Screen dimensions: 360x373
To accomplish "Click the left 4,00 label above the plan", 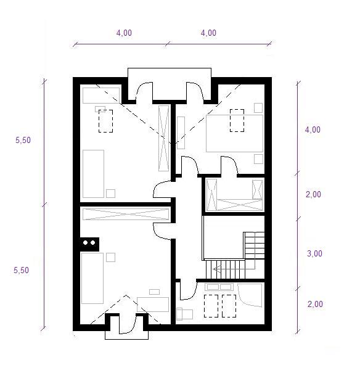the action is pyautogui.click(x=124, y=33).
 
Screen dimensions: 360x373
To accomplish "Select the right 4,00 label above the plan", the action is pyautogui.click(x=208, y=33).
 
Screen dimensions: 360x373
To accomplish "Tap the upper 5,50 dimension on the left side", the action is pyautogui.click(x=23, y=140).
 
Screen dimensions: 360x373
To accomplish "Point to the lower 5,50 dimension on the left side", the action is pyautogui.click(x=21, y=270).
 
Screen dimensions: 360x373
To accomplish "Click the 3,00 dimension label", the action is pyautogui.click(x=314, y=253).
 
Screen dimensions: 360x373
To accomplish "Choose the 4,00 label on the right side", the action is pyautogui.click(x=313, y=129).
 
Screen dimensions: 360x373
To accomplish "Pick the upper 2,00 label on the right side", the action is pyautogui.click(x=313, y=194).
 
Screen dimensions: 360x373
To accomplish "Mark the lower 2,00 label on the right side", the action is pyautogui.click(x=315, y=304).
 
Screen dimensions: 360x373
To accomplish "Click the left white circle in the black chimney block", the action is pyautogui.click(x=85, y=243).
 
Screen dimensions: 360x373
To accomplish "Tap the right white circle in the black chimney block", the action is pyautogui.click(x=92, y=243).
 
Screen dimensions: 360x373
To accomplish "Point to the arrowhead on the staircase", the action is pyautogui.click(x=215, y=269).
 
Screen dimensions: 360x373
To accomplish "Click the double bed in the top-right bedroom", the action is pyautogui.click(x=234, y=133).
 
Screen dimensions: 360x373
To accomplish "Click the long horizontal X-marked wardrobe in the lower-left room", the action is pyautogui.click(x=126, y=214).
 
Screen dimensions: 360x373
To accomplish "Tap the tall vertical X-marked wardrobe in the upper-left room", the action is pyautogui.click(x=163, y=138).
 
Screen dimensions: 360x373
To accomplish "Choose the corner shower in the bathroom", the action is pyautogui.click(x=250, y=295).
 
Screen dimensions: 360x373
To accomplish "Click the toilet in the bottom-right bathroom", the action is pyautogui.click(x=184, y=314).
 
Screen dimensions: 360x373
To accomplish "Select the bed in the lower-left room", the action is pyautogui.click(x=92, y=278).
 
